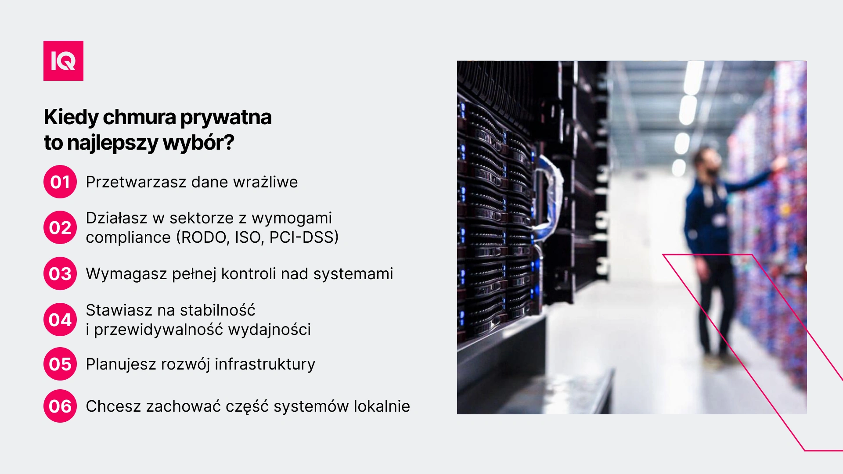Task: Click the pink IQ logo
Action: (x=63, y=61)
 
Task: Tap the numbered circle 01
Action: (x=60, y=182)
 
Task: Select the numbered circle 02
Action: (x=60, y=227)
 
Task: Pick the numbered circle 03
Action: (x=60, y=273)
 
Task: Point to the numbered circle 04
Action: (x=60, y=320)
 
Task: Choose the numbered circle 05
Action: (x=60, y=364)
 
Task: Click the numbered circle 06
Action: (x=60, y=406)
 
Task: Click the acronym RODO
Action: (x=205, y=237)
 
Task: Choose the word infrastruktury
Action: (x=265, y=364)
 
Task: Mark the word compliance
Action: (x=128, y=238)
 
